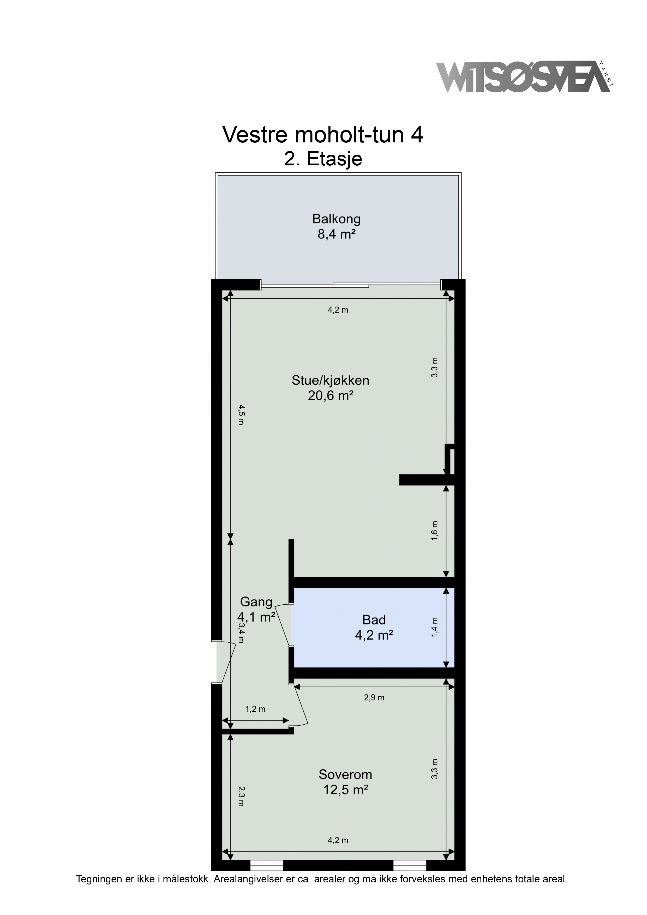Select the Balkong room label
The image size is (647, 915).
pyautogui.click(x=337, y=219)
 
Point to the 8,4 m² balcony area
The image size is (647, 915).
pyautogui.click(x=337, y=234)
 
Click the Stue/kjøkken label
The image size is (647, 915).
pyautogui.click(x=331, y=381)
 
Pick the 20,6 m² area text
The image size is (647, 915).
pyautogui.click(x=331, y=396)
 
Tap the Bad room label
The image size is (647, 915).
pyautogui.click(x=374, y=620)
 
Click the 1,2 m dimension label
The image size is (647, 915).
pyautogui.click(x=255, y=709)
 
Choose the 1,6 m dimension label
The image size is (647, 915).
pyautogui.click(x=435, y=531)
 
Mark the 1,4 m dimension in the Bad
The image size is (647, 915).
pyautogui.click(x=435, y=627)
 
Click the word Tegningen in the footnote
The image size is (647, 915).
pyautogui.click(x=99, y=879)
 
